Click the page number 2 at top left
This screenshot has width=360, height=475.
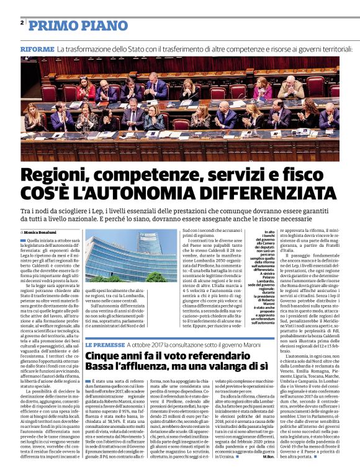coord(22,23)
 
